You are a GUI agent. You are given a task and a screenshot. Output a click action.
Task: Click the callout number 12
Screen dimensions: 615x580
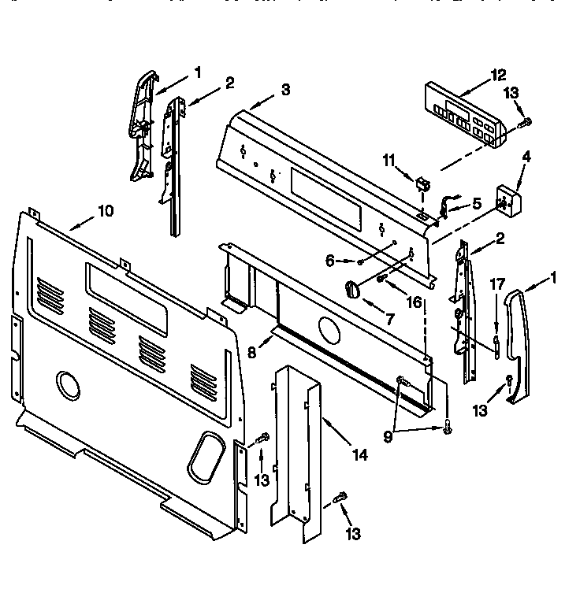coord(498,76)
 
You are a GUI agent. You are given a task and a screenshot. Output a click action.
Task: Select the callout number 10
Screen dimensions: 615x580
coord(106,210)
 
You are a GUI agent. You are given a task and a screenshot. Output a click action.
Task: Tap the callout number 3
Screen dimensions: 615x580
coord(284,90)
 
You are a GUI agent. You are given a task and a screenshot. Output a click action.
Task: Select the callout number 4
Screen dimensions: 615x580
coord(526,157)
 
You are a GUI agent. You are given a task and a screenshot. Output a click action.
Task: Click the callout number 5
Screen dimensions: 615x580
coord(476,203)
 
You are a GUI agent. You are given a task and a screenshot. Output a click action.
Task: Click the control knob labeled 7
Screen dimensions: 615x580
coord(352,288)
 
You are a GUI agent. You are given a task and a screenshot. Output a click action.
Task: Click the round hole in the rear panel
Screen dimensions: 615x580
coord(68,384)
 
